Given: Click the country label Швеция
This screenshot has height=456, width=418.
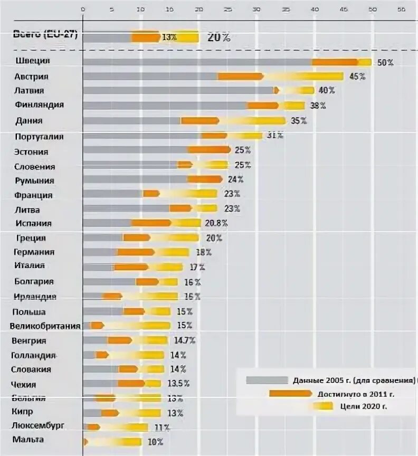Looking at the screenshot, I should click(36, 61).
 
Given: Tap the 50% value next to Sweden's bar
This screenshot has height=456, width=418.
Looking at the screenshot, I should click(385, 62).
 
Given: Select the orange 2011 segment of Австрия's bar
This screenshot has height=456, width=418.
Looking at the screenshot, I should click(241, 77).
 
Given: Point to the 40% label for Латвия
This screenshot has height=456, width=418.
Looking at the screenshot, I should click(327, 91).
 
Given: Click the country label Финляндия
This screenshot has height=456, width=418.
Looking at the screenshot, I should click(40, 104).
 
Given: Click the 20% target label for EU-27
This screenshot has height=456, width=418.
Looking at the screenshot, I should click(218, 37).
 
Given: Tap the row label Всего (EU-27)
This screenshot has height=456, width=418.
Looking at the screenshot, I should click(45, 34).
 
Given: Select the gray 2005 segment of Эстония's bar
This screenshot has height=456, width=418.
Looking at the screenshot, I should click(136, 150).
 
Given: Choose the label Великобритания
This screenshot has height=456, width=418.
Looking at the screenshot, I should click(45, 326).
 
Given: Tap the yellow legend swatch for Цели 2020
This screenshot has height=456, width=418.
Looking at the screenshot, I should click(322, 406).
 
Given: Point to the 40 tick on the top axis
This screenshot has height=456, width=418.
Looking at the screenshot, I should click(315, 9).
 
